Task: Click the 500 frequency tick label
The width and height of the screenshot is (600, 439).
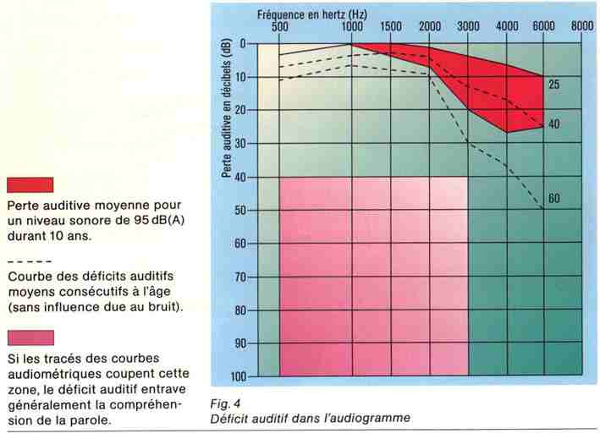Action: tap(279, 27)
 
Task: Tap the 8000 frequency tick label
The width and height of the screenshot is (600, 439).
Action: tap(582, 27)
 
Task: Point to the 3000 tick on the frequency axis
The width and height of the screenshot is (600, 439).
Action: tap(468, 27)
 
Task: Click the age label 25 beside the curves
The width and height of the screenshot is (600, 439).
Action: tap(554, 85)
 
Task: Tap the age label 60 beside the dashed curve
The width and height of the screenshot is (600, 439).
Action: tap(554, 200)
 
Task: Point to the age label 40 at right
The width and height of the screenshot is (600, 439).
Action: tap(554, 125)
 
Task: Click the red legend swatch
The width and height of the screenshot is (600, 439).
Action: tap(30, 185)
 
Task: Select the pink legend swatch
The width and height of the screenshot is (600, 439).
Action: tap(30, 338)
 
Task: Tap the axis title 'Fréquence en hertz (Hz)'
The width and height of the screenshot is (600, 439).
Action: tap(323, 14)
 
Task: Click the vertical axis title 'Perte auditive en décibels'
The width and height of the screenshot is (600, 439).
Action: tap(228, 110)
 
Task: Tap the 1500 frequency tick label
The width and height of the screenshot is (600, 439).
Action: tap(390, 27)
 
